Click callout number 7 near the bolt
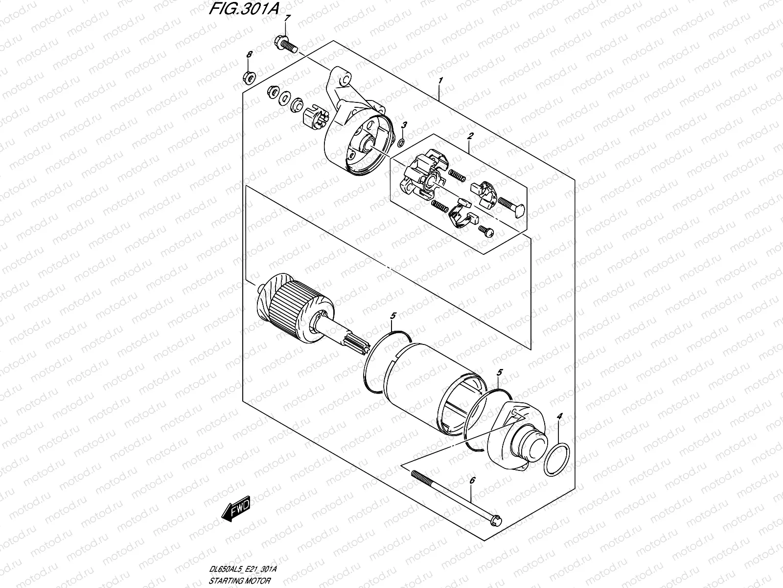(287, 18)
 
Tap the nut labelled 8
(248, 76)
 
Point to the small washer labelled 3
(400, 143)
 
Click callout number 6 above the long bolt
(472, 482)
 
